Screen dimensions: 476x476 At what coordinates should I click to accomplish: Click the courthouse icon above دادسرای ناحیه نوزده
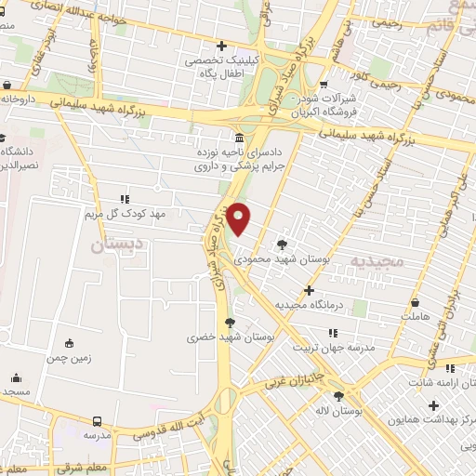point(241,139)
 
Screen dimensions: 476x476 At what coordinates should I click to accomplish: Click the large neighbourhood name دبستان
point(120,246)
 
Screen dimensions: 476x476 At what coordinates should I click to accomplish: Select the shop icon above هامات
point(415,303)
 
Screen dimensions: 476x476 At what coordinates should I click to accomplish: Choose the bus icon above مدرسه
point(98,420)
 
